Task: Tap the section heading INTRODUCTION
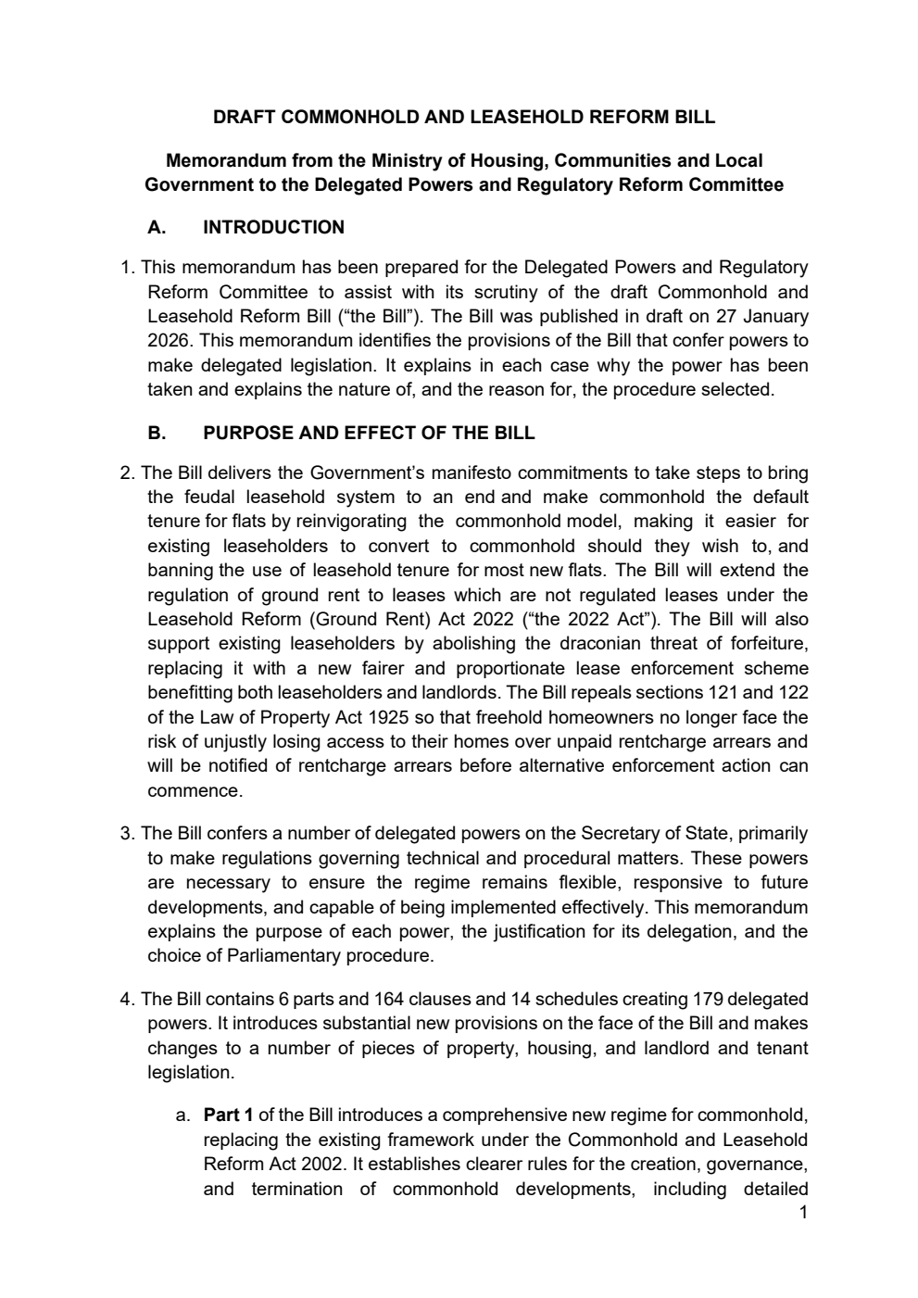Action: coord(273,228)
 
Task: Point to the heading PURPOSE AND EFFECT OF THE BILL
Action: coord(369,434)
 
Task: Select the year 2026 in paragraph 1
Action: coord(168,341)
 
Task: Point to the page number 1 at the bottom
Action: coord(803,1213)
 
